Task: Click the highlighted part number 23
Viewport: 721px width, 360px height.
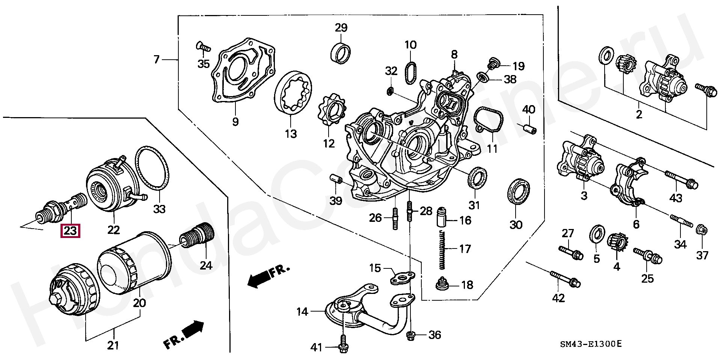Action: coord(70,231)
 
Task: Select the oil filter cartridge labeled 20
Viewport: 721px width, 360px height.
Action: coord(133,263)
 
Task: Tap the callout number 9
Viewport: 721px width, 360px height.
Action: coord(235,122)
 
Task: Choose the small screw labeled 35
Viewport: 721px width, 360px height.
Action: coord(203,47)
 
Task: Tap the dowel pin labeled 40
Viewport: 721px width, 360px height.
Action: coord(529,128)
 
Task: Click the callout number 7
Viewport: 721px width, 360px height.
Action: coord(157,59)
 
